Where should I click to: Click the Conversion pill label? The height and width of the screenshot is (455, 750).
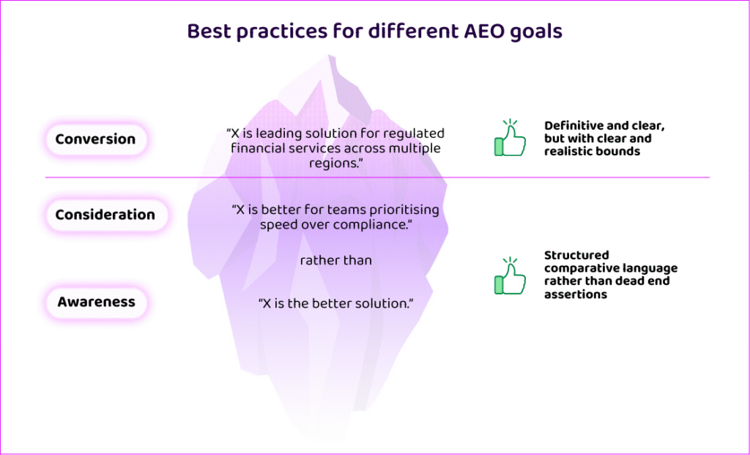[96, 139]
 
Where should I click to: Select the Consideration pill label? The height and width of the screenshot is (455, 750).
[105, 215]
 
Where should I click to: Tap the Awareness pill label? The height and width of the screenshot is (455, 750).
[96, 303]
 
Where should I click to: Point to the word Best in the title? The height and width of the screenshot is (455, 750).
[209, 32]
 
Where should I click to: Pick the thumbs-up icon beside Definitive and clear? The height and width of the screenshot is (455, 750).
[510, 138]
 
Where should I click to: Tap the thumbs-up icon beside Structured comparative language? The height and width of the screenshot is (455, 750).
[510, 276]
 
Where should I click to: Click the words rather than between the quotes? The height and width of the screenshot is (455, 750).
[335, 261]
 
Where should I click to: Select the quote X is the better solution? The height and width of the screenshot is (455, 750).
[335, 303]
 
